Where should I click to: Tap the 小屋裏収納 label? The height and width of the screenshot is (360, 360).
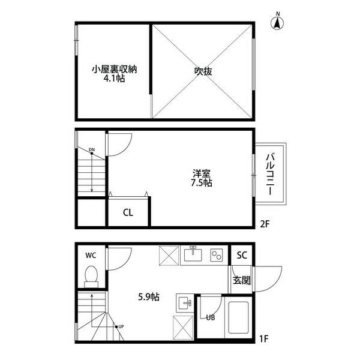(x=115, y=69)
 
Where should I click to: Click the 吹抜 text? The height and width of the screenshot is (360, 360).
(x=203, y=71)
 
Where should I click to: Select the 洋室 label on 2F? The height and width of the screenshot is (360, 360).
(x=202, y=173)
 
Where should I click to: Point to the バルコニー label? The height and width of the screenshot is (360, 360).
(x=271, y=174)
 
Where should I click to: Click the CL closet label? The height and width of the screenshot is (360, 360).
(x=128, y=212)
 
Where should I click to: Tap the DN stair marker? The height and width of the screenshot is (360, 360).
(x=92, y=149)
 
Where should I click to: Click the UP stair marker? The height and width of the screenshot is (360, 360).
(x=121, y=326)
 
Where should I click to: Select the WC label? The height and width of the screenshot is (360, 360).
(x=91, y=256)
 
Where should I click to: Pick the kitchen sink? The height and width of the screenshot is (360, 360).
(x=193, y=254)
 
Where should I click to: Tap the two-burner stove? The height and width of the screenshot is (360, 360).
(x=216, y=255)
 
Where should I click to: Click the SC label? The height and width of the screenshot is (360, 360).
(x=242, y=255)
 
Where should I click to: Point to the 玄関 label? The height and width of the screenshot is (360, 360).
(x=242, y=280)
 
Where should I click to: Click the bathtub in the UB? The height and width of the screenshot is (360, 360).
(x=239, y=317)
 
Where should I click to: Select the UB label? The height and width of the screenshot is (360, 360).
(x=211, y=317)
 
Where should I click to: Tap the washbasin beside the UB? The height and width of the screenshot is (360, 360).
(x=185, y=303)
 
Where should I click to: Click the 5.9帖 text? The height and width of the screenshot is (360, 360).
(x=149, y=297)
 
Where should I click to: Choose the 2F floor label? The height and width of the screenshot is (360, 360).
(x=264, y=224)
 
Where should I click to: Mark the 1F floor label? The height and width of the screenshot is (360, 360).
(x=264, y=338)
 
